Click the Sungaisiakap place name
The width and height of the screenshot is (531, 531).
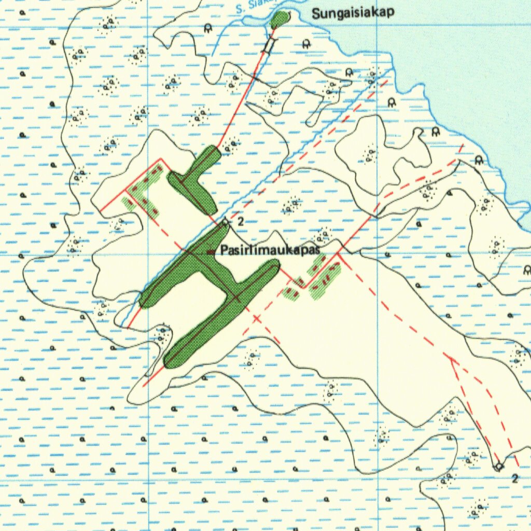[353, 13]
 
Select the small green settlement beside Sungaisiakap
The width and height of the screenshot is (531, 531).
[280, 20]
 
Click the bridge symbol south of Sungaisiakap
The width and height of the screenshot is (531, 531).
[268, 46]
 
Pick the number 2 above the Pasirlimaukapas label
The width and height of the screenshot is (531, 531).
[240, 221]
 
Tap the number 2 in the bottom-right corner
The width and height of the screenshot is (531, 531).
[514, 478]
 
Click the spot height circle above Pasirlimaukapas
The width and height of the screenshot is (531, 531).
[225, 222]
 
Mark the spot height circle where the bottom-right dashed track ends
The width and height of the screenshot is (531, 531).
[498, 466]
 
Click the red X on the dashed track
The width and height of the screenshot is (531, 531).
[256, 318]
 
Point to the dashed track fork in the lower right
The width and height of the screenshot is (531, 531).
[452, 359]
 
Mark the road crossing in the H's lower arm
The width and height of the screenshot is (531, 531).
[236, 297]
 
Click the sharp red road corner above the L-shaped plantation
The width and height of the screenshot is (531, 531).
[161, 158]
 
